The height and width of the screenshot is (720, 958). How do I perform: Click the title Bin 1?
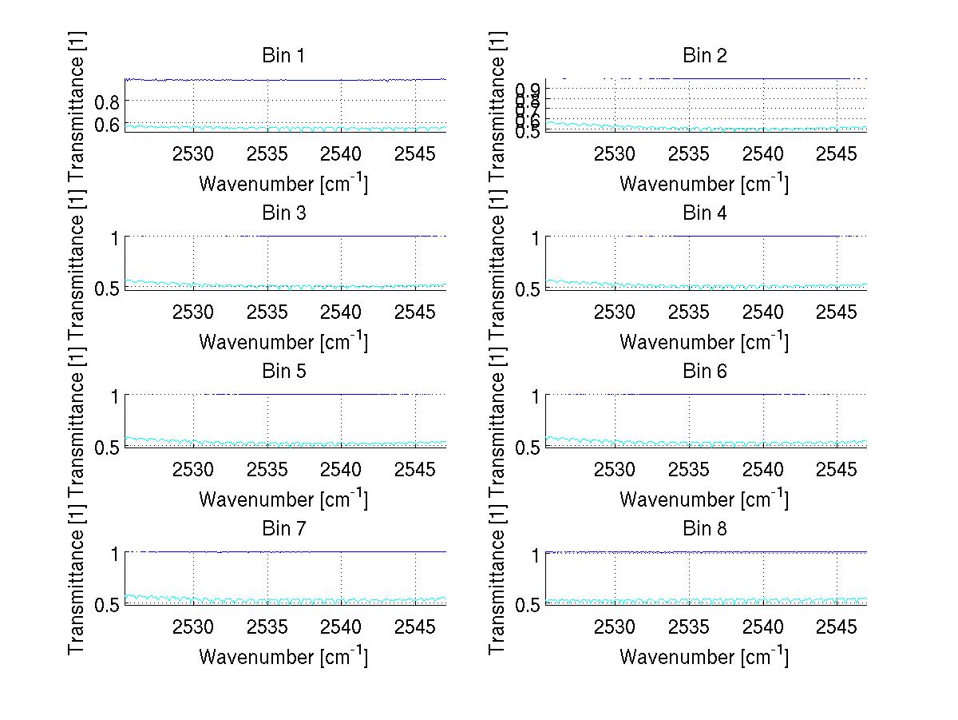[283, 56]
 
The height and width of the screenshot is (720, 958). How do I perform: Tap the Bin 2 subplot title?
[704, 56]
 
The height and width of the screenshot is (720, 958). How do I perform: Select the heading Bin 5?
[283, 372]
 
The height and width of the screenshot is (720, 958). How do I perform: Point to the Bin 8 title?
[704, 529]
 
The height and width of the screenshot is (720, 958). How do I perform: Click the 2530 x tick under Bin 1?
[193, 153]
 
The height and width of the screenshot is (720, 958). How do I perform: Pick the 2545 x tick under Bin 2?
[837, 153]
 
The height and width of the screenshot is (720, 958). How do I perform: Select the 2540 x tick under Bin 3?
[341, 311]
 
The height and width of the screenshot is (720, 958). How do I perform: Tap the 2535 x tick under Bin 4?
[688, 311]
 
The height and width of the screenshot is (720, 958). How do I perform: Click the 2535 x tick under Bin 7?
[267, 627]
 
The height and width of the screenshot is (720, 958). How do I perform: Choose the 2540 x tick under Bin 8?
[762, 627]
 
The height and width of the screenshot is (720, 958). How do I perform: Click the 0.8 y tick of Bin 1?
[107, 101]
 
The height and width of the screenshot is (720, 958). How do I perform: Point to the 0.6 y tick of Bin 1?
[107, 125]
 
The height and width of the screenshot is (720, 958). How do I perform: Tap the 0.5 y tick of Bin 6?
[528, 448]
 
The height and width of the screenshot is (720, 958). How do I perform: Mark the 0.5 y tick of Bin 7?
[107, 605]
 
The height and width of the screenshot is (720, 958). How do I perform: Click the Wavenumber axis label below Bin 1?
[283, 183]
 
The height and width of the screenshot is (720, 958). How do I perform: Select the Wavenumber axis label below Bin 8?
[704, 656]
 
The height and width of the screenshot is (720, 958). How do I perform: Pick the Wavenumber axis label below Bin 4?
[704, 341]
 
